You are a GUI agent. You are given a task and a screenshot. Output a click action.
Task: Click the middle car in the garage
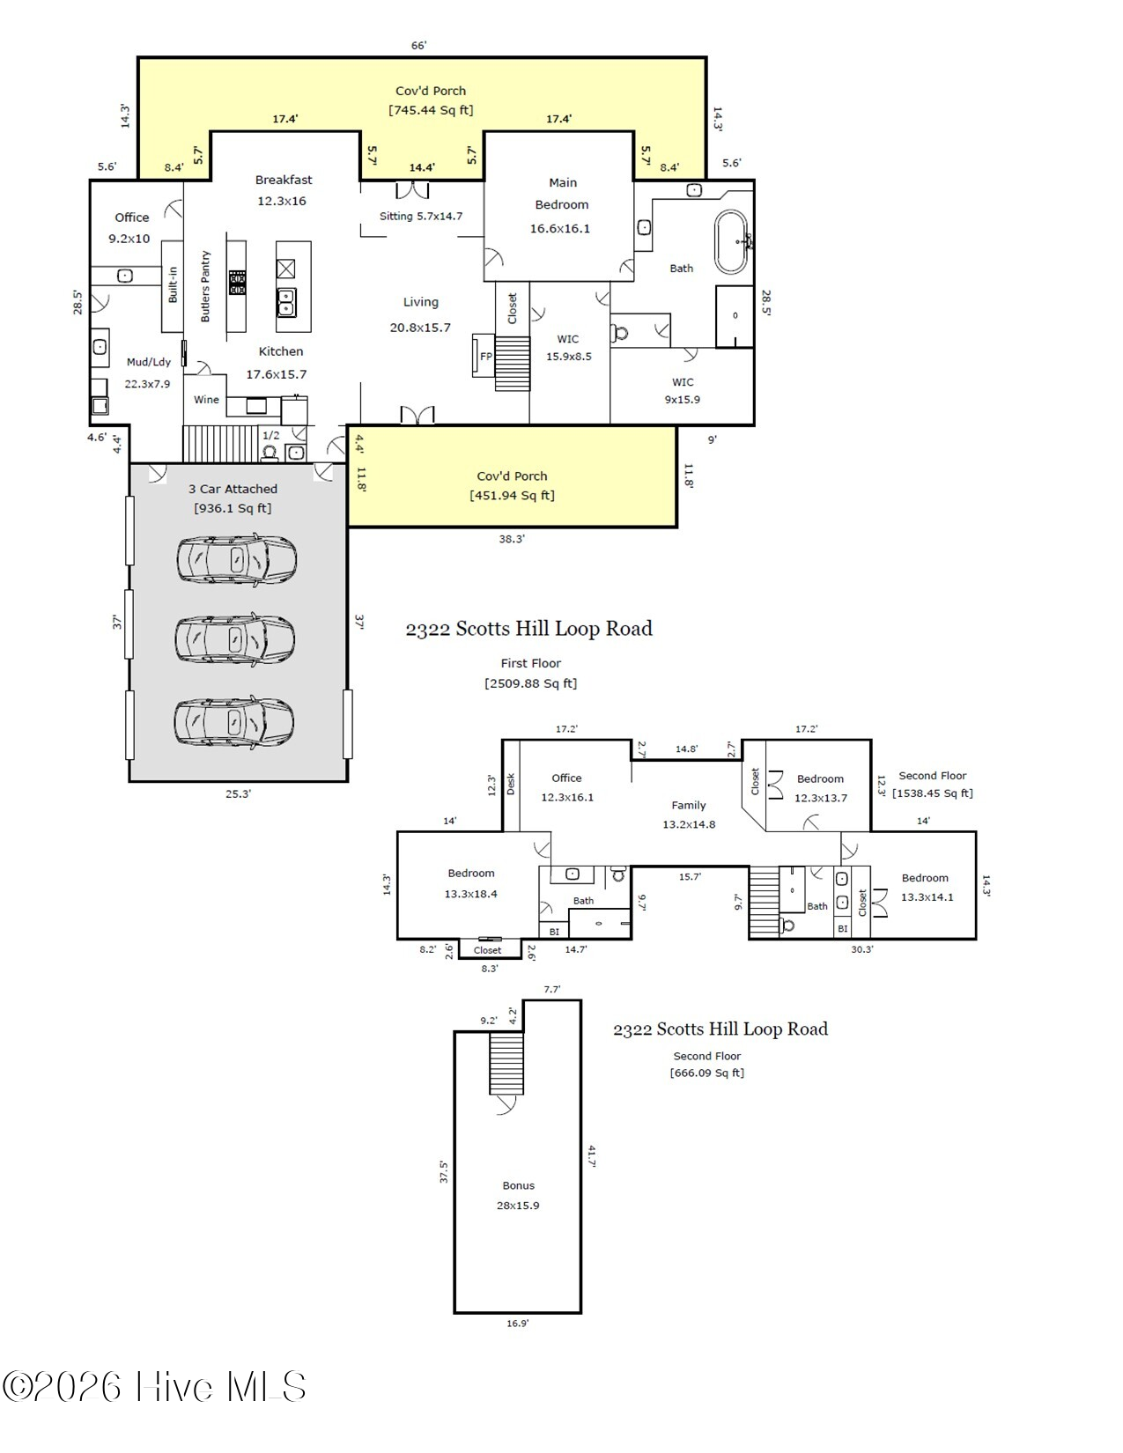click(x=235, y=639)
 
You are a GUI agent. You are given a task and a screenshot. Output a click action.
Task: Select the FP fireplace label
click(x=485, y=357)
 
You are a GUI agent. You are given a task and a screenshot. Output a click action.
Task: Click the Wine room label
click(x=206, y=400)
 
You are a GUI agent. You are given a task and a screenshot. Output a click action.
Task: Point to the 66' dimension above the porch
click(x=419, y=45)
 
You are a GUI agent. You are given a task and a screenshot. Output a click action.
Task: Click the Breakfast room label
click(x=284, y=180)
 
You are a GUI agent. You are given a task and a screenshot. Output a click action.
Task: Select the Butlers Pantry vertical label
click(x=205, y=286)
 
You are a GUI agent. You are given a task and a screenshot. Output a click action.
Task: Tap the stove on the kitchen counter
click(x=237, y=283)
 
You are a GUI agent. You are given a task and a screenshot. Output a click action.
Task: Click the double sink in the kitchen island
click(x=285, y=303)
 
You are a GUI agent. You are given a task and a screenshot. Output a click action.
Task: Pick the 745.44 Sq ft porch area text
click(x=431, y=110)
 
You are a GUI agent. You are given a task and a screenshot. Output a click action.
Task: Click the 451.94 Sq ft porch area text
click(x=512, y=496)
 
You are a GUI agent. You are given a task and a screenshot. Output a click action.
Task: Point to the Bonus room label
click(x=518, y=1185)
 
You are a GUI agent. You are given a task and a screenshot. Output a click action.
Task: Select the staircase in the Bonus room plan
click(x=506, y=1063)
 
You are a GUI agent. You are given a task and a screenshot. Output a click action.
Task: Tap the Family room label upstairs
click(x=688, y=805)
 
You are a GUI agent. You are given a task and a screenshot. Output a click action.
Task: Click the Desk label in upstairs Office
click(x=511, y=784)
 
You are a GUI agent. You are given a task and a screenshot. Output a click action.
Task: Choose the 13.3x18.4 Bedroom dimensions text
click(x=470, y=894)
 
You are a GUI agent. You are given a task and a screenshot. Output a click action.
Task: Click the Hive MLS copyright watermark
click(x=154, y=1387)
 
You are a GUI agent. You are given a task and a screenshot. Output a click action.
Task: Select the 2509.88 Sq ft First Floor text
click(x=530, y=683)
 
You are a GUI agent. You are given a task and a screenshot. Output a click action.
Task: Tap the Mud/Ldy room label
click(x=148, y=362)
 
